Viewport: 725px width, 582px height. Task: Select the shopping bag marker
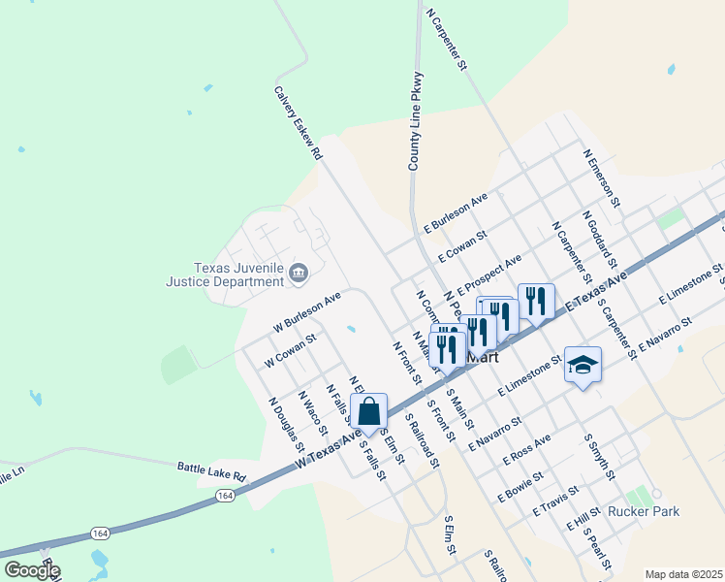(369, 412)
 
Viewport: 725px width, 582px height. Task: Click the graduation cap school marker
(583, 366)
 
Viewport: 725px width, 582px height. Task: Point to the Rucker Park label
(645, 511)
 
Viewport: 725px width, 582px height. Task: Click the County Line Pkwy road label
(416, 121)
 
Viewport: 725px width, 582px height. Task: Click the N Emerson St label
(600, 178)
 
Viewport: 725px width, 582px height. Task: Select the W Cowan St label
(291, 350)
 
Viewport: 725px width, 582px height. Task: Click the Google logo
(31, 570)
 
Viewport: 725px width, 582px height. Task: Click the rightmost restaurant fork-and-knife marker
(536, 302)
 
